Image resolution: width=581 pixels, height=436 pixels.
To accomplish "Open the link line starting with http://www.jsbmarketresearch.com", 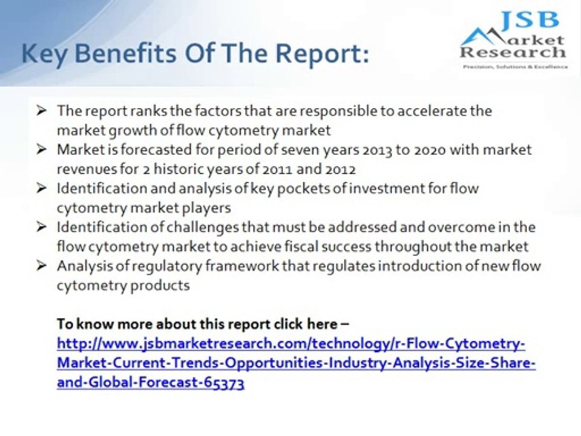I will click(290, 344).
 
